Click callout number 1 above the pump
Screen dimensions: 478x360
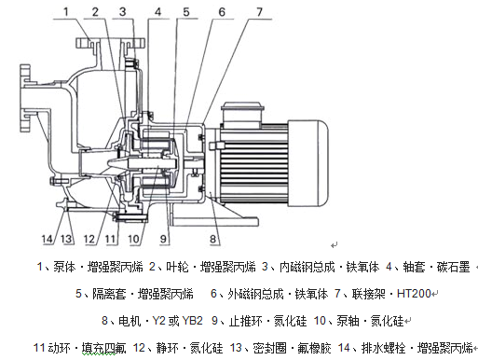(65, 12)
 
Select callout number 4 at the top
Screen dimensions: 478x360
(158, 12)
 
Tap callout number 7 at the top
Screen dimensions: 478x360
(259, 12)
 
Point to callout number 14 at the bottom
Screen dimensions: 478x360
(48, 239)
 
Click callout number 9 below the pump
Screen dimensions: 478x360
(163, 239)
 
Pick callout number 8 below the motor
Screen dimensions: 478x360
(212, 239)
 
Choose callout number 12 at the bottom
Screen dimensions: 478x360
(89, 239)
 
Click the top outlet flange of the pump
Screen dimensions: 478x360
(110, 43)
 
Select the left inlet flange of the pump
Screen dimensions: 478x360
(25, 98)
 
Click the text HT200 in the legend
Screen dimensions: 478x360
(414, 293)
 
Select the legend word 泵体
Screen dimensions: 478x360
(64, 267)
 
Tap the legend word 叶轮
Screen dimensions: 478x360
(177, 267)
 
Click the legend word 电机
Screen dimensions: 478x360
(130, 321)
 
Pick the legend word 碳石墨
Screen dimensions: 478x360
(453, 267)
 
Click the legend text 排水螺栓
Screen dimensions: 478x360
(383, 348)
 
